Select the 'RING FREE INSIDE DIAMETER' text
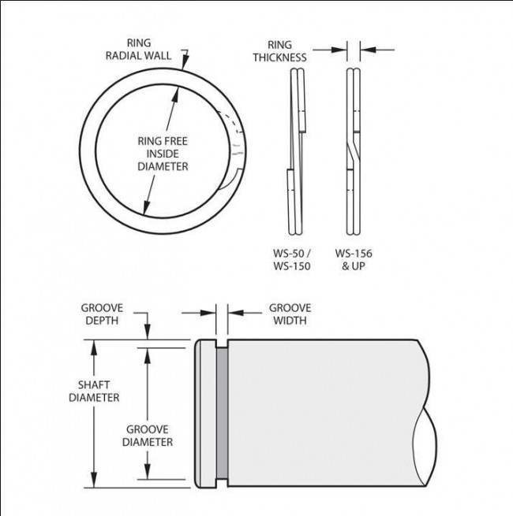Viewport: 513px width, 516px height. pos(163,154)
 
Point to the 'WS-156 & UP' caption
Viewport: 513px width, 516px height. pos(353,260)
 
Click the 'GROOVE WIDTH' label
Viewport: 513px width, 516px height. pos(290,314)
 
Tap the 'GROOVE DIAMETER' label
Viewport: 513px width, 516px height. pos(148,436)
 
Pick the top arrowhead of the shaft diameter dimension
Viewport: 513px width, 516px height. pos(95,345)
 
